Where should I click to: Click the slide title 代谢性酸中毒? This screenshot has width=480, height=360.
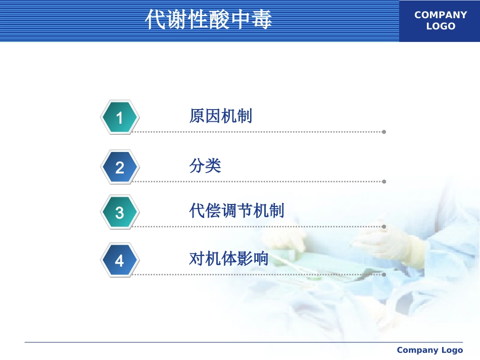(208, 19)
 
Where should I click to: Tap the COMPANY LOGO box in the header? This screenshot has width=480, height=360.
(440, 21)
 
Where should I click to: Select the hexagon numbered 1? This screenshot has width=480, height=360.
(120, 117)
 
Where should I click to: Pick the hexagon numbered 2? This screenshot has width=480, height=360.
(120, 167)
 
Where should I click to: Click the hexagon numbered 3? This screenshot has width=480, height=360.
(120, 212)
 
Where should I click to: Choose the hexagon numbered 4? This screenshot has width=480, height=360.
(120, 261)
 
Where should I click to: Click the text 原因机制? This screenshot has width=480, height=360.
(221, 116)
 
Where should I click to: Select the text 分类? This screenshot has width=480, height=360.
(205, 166)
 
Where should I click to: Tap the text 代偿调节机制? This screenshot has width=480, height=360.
(236, 211)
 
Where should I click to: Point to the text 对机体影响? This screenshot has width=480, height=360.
(229, 259)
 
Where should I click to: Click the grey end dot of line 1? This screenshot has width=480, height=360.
(384, 132)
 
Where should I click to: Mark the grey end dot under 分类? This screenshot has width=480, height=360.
(384, 182)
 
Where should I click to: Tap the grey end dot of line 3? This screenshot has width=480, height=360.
(384, 227)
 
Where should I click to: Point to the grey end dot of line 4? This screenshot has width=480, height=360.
(384, 275)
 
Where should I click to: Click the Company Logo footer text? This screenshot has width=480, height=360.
(430, 350)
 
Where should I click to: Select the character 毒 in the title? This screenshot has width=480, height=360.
(262, 19)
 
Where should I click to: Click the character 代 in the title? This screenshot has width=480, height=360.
(155, 19)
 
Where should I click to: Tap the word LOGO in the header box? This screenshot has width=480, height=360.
(441, 26)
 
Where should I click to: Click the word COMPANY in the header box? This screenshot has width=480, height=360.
(441, 15)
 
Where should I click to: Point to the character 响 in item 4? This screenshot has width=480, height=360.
(261, 259)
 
